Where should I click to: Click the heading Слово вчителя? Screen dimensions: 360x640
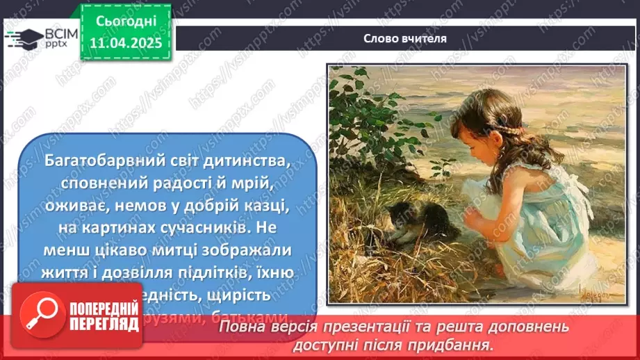[404, 39]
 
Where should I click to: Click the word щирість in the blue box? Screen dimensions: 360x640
[239, 294]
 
